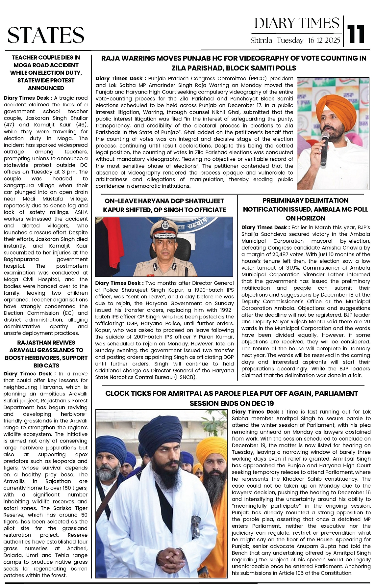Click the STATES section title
pos(46,35)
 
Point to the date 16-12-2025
pos(324,40)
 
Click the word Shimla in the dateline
pos(261,40)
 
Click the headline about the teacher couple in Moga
pos(46,73)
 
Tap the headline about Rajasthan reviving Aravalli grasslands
pos(46,354)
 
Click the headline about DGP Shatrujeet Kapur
pos(164,205)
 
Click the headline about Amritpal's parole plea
pos(232,398)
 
